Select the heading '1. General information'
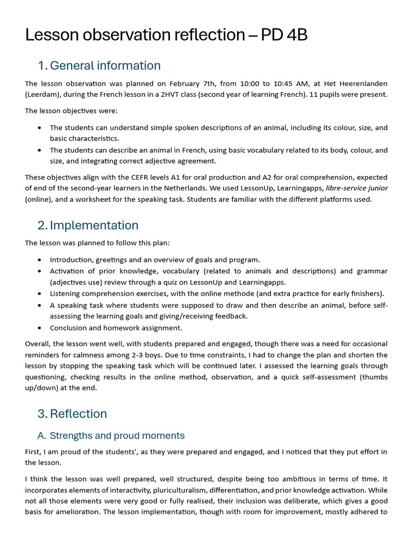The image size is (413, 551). pyautogui.click(x=99, y=66)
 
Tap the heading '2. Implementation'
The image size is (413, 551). pyautogui.click(x=88, y=225)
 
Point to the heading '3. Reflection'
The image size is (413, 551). pyautogui.click(x=72, y=414)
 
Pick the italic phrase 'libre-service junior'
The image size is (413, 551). pyautogui.click(x=357, y=188)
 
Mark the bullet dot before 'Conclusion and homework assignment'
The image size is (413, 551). pyautogui.click(x=40, y=328)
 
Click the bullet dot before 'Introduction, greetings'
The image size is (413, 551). pyautogui.click(x=40, y=260)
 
